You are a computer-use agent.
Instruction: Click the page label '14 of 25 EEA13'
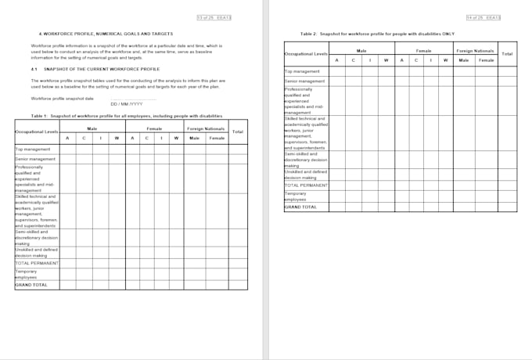click(x=483, y=17)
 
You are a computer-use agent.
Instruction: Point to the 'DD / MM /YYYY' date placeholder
click(x=126, y=104)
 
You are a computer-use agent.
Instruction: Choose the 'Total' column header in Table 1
click(x=238, y=131)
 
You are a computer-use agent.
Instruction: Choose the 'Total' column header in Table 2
click(x=507, y=53)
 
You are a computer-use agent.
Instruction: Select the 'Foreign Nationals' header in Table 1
click(x=205, y=128)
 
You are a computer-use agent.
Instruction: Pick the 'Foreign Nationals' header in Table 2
click(x=475, y=50)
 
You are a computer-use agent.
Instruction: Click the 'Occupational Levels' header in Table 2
click(x=306, y=53)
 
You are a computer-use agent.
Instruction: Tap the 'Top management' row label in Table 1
click(x=32, y=149)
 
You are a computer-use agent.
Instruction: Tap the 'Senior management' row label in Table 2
click(x=304, y=81)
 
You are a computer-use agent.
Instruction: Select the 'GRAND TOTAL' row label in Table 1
click(x=31, y=285)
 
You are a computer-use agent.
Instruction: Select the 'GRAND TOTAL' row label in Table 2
click(x=300, y=207)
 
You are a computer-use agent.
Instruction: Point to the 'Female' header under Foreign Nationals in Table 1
click(x=217, y=139)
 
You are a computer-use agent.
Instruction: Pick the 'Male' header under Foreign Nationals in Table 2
click(x=464, y=60)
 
